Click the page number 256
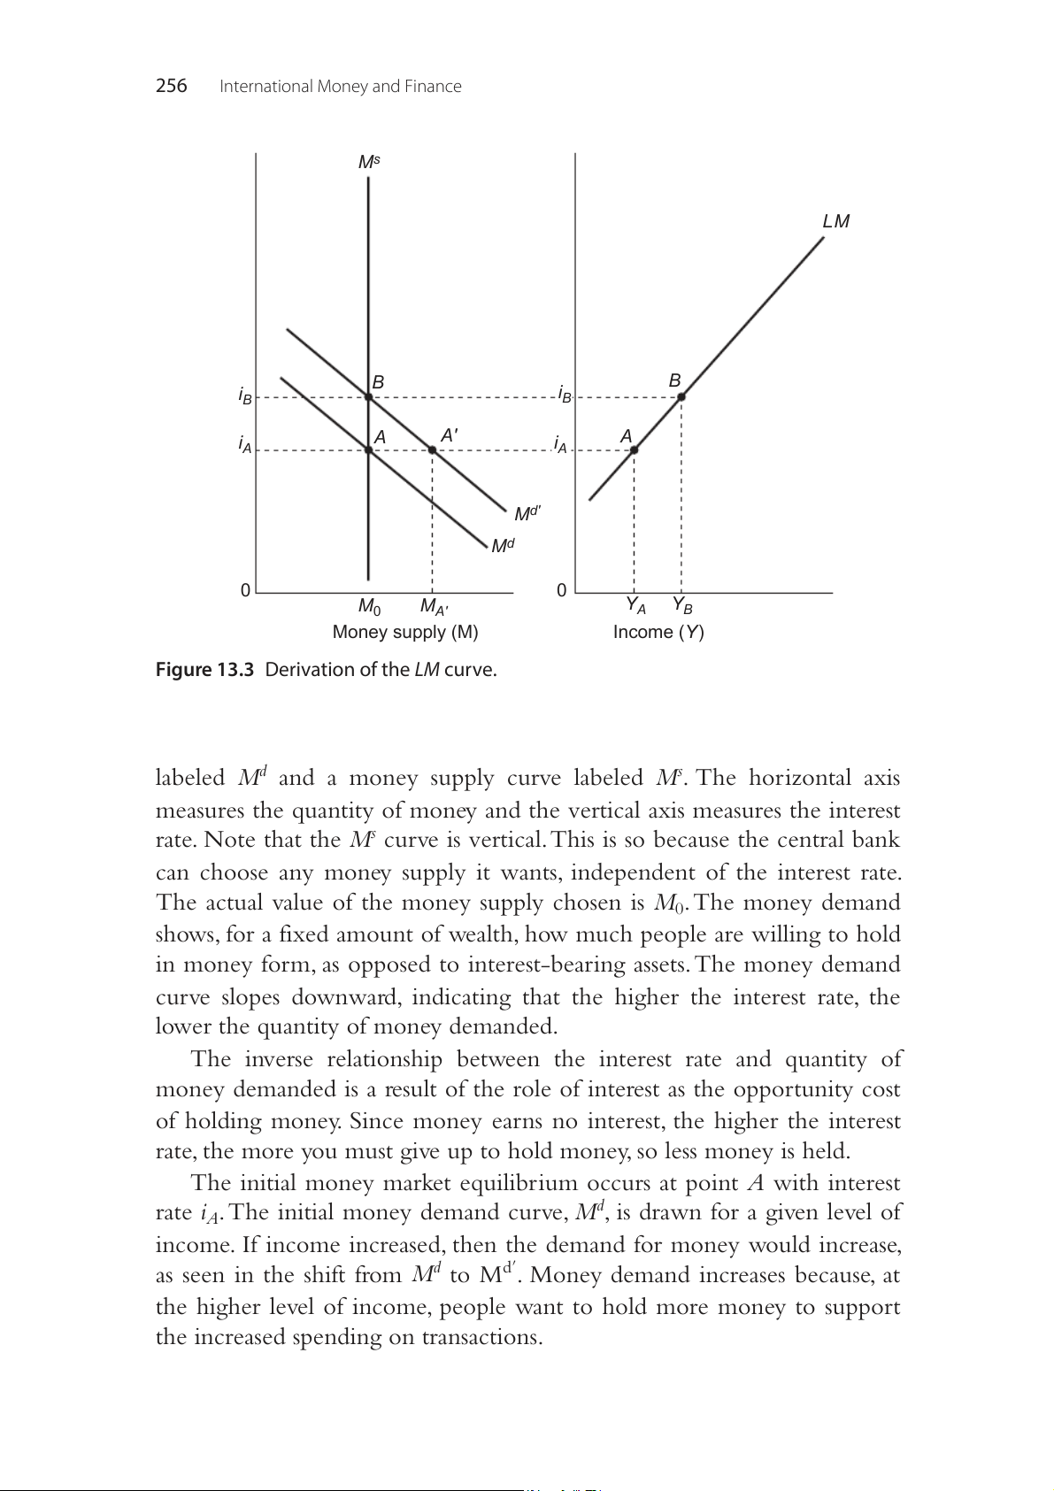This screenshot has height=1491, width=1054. (x=171, y=86)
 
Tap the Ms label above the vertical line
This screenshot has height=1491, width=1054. (x=369, y=162)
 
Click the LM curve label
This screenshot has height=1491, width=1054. (x=835, y=221)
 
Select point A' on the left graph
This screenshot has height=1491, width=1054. (x=432, y=450)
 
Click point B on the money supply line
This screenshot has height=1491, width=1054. (x=369, y=396)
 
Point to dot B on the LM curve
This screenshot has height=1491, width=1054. (x=681, y=396)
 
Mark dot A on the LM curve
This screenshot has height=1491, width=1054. (x=635, y=450)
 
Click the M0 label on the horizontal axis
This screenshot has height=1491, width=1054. (x=369, y=607)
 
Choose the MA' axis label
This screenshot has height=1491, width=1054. (x=434, y=607)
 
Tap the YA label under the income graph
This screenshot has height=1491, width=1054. (x=635, y=605)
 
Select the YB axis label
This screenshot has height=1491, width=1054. (x=681, y=605)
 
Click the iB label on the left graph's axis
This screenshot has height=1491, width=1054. (x=245, y=395)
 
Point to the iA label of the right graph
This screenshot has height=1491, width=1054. (x=560, y=444)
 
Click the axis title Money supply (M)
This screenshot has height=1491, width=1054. (x=405, y=632)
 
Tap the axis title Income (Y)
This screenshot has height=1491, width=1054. (x=658, y=632)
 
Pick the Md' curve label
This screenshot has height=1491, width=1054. (x=527, y=513)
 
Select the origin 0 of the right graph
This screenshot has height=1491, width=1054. (x=562, y=590)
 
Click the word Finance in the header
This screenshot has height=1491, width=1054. (x=433, y=86)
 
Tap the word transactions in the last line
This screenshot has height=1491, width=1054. (x=479, y=1337)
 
